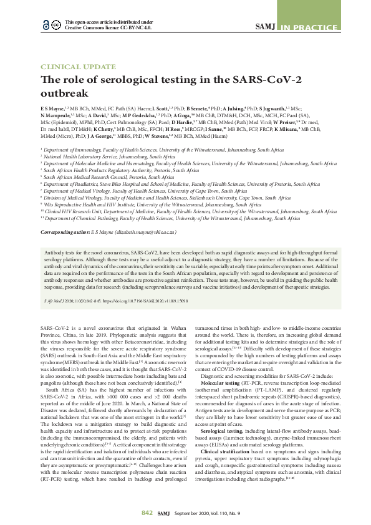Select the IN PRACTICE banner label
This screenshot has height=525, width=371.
(x=315, y=26)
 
